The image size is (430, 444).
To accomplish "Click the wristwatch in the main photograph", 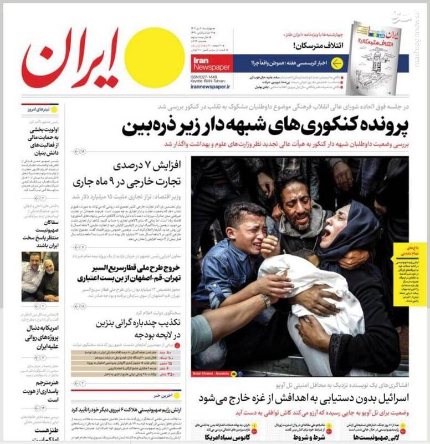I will (x=265, y=300).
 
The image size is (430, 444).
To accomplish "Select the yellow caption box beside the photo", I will (x=409, y=274).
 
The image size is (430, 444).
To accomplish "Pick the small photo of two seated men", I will (x=40, y=276).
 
